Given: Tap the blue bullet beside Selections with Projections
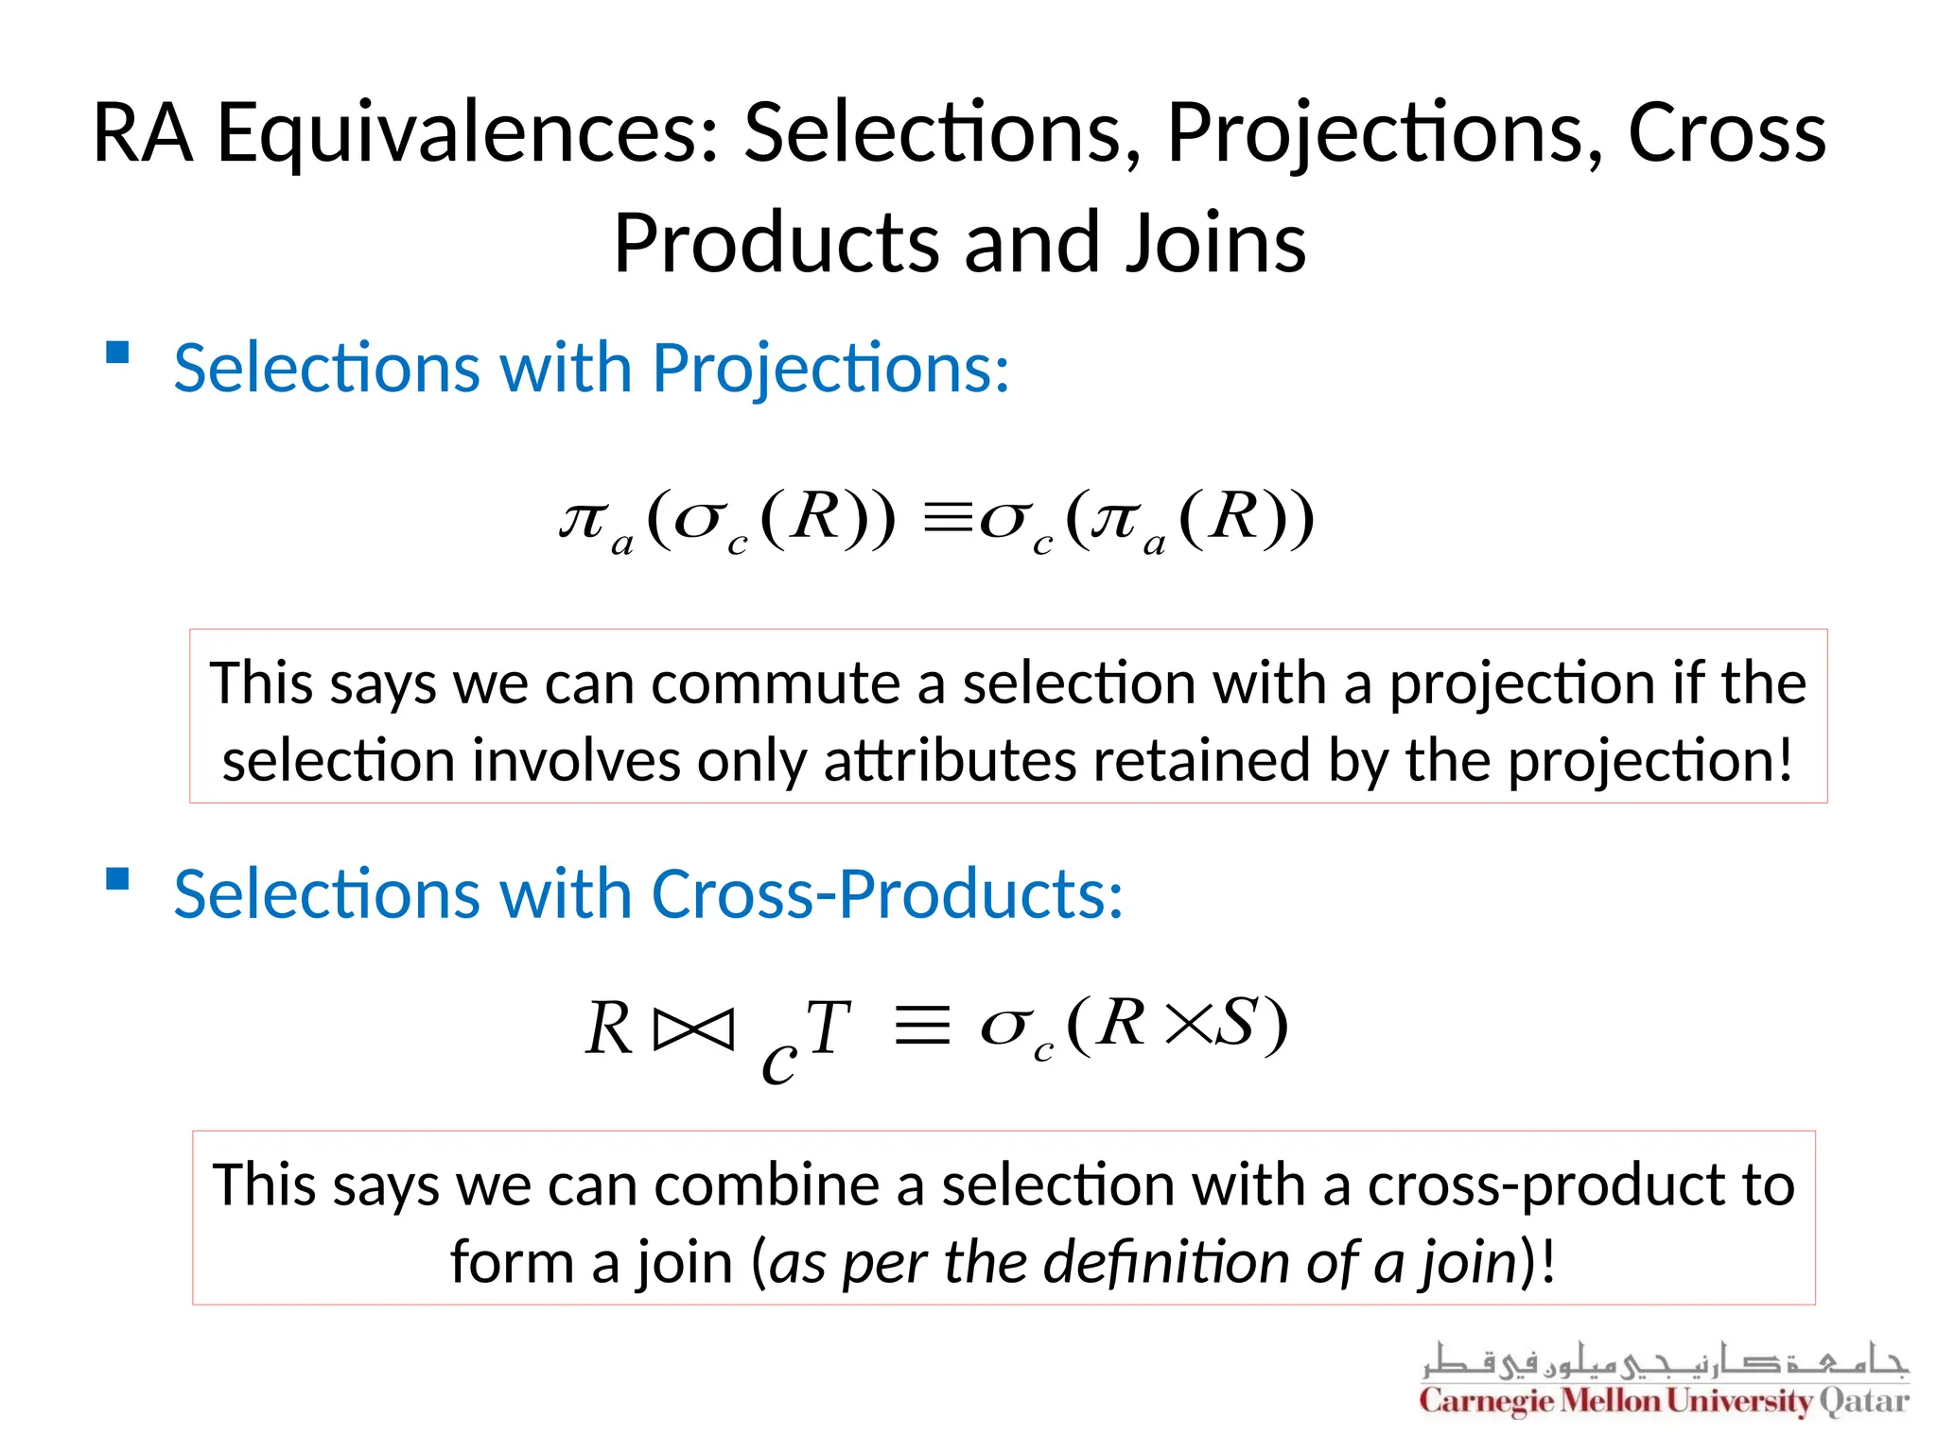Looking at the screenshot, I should [x=117, y=353].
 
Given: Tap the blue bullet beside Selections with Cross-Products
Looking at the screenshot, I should [x=117, y=879].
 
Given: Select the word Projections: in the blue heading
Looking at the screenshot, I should [x=830, y=368].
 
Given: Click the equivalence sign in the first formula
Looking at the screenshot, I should [x=948, y=519].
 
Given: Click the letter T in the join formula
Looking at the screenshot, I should [x=829, y=1028].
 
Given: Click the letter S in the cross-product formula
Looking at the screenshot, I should [x=1236, y=1023].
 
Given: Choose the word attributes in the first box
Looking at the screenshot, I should [x=950, y=761].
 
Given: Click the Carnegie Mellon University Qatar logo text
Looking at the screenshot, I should [x=1664, y=1401].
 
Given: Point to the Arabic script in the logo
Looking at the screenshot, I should [x=1664, y=1361].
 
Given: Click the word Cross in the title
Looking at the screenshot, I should [x=1726, y=134].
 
